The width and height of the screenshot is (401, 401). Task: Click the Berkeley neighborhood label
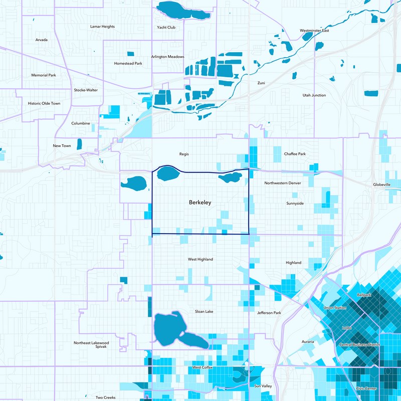pos(200,203)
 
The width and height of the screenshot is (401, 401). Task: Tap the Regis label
pos(184,154)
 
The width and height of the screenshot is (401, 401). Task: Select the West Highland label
pos(200,259)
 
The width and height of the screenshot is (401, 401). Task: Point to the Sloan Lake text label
pos(204,311)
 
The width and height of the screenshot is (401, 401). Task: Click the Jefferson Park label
pos(269,313)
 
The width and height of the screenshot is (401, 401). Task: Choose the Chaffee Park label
pos(294,154)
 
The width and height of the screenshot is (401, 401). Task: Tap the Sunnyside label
pos(295,204)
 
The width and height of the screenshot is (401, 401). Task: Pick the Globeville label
pos(381,184)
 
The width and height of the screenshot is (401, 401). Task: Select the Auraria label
pos(307,342)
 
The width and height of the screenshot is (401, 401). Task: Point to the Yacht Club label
pos(166,28)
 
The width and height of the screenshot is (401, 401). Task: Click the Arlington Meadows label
pos(168,57)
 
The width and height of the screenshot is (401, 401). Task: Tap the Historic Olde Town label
pos(44,103)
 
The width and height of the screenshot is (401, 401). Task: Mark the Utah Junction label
pos(314,95)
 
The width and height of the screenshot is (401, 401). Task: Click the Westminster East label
pos(314,31)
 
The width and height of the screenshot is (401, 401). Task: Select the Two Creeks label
pos(106,397)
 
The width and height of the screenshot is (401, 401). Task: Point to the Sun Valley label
pos(263,386)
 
